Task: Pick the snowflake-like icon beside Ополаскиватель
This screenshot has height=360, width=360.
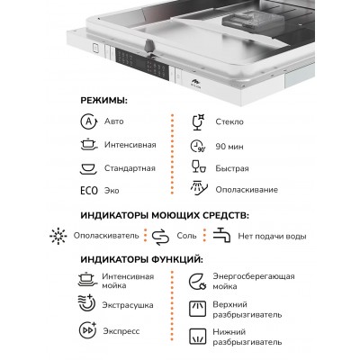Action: (x=58, y=236)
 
